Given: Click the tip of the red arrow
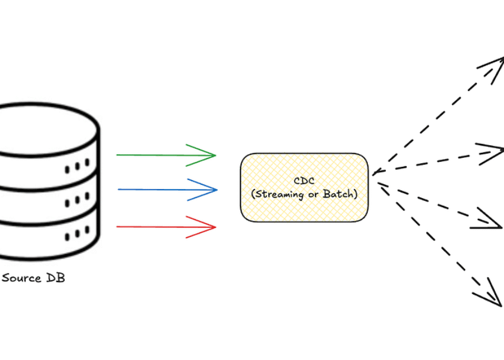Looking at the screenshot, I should tap(214, 227).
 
